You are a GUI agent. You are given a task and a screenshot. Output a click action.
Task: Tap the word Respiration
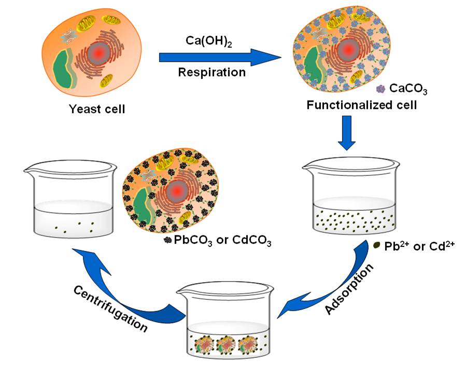tap(211, 72)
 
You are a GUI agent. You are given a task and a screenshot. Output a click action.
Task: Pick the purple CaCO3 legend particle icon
tap(381, 89)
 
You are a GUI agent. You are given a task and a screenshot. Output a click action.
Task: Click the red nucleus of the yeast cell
tap(97, 52)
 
